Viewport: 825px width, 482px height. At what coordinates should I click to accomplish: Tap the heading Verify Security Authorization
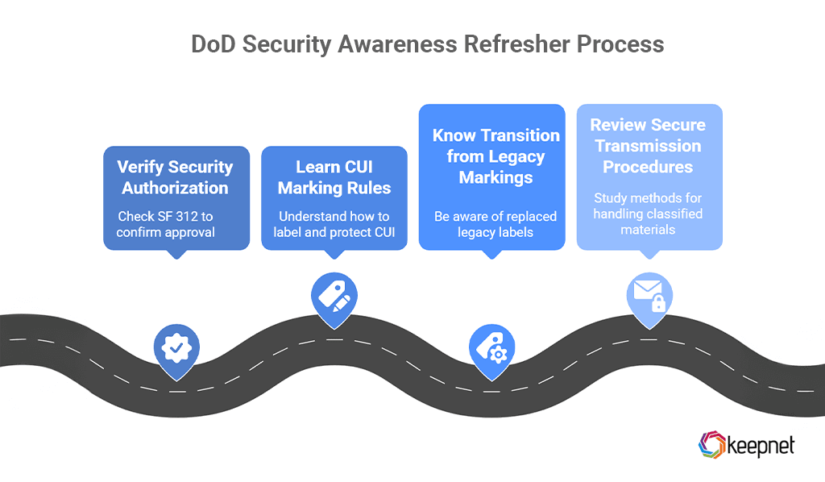tap(176, 177)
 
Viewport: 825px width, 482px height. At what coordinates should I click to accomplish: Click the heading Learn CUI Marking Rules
tap(334, 177)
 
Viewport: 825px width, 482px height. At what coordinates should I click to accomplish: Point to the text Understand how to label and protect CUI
tap(334, 224)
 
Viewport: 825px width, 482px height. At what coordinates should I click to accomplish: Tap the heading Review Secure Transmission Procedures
tap(649, 146)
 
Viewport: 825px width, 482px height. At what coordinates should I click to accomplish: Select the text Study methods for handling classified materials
tap(649, 214)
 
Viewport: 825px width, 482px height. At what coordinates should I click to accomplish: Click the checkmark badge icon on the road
tap(176, 347)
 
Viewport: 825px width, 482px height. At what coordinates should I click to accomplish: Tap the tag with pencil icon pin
tap(334, 297)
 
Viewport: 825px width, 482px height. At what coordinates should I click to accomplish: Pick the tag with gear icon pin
tap(491, 347)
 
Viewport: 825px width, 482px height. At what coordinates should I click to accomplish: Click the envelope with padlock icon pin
tap(649, 297)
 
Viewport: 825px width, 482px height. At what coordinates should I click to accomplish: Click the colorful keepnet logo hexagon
tap(711, 445)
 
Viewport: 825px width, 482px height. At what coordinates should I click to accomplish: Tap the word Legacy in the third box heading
tap(514, 156)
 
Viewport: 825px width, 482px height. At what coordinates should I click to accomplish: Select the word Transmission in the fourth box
tap(649, 146)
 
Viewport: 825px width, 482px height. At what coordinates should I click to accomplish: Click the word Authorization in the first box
tap(176, 188)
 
